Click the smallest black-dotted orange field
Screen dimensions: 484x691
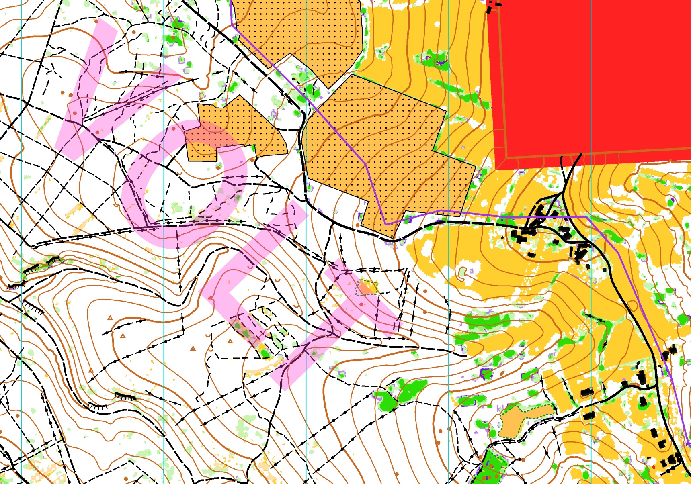(x=237, y=129)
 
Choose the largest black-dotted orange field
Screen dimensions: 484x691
(x=386, y=153)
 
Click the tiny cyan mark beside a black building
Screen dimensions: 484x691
(x=634, y=368)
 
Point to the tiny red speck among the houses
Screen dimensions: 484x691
(x=654, y=467)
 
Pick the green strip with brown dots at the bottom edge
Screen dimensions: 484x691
(x=488, y=468)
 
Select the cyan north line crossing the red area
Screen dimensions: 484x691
(x=591, y=80)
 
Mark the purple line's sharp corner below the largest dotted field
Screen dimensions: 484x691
(x=385, y=224)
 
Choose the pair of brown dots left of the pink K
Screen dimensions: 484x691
(x=66, y=94)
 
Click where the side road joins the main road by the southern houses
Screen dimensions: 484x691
(x=657, y=386)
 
